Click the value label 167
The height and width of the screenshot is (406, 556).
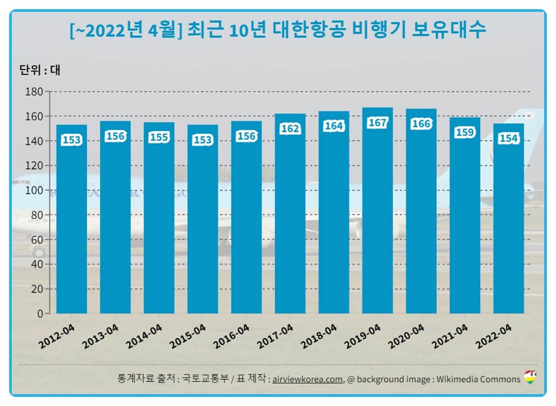pos(377,123)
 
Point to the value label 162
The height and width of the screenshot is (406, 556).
pos(290,129)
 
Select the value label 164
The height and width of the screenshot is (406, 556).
pos(333,126)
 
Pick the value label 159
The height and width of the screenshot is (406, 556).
pos(464,132)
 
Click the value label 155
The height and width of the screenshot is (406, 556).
pos(159,138)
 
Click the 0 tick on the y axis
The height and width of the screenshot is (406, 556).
pos(40,314)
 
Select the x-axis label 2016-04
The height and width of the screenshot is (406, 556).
pos(232,337)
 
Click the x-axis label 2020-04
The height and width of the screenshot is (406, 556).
pos(406,337)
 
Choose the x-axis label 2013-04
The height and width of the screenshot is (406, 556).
pos(101,337)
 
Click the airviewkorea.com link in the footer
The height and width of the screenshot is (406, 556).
pos(308,379)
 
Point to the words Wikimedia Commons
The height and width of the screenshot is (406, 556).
pos(478,379)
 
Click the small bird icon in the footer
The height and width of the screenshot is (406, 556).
pos(531,377)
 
